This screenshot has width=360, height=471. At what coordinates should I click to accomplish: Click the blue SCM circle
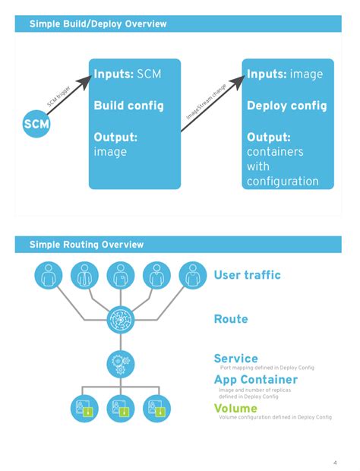[36, 124]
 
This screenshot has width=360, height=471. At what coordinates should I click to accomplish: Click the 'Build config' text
[128, 106]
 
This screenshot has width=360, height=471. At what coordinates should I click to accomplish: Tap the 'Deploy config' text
[286, 106]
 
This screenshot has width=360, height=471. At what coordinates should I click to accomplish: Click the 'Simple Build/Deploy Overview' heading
[98, 24]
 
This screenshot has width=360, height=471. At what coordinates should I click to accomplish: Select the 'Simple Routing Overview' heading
[87, 245]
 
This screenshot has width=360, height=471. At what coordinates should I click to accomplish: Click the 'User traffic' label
[247, 275]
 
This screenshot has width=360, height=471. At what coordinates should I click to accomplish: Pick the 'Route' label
[231, 320]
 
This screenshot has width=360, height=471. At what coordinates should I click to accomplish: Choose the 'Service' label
[235, 358]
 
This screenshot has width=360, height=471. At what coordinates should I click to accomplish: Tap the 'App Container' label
[255, 379]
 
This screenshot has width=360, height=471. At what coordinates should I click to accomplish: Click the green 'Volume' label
[235, 408]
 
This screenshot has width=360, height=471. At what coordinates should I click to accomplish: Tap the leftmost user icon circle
[49, 275]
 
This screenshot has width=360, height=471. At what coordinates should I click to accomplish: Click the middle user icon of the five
[121, 275]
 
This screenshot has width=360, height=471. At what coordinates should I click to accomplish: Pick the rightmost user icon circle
[193, 275]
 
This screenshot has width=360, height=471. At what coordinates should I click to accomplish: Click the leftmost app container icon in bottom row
[85, 409]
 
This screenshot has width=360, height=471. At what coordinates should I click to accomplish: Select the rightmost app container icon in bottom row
[156, 409]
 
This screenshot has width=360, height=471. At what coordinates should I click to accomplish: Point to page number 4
[335, 463]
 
